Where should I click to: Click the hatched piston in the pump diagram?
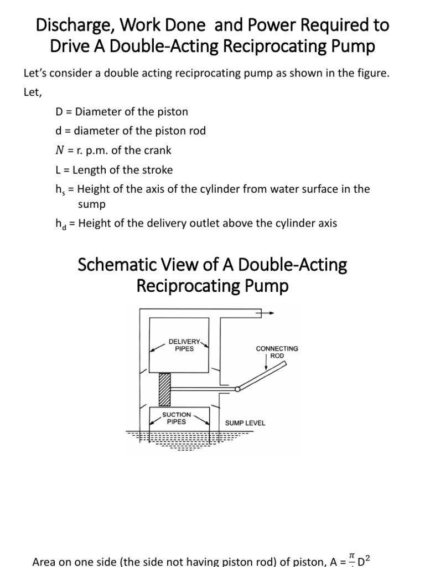point(163,390)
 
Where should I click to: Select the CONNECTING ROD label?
point(277,352)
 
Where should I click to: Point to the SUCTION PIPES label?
point(177,418)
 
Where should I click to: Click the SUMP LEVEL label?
point(245,423)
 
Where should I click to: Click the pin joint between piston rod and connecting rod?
point(237,389)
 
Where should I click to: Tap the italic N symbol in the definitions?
point(60,150)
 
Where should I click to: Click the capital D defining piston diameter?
point(59,111)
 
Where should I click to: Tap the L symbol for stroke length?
point(59,170)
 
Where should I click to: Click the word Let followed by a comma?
point(32,92)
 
